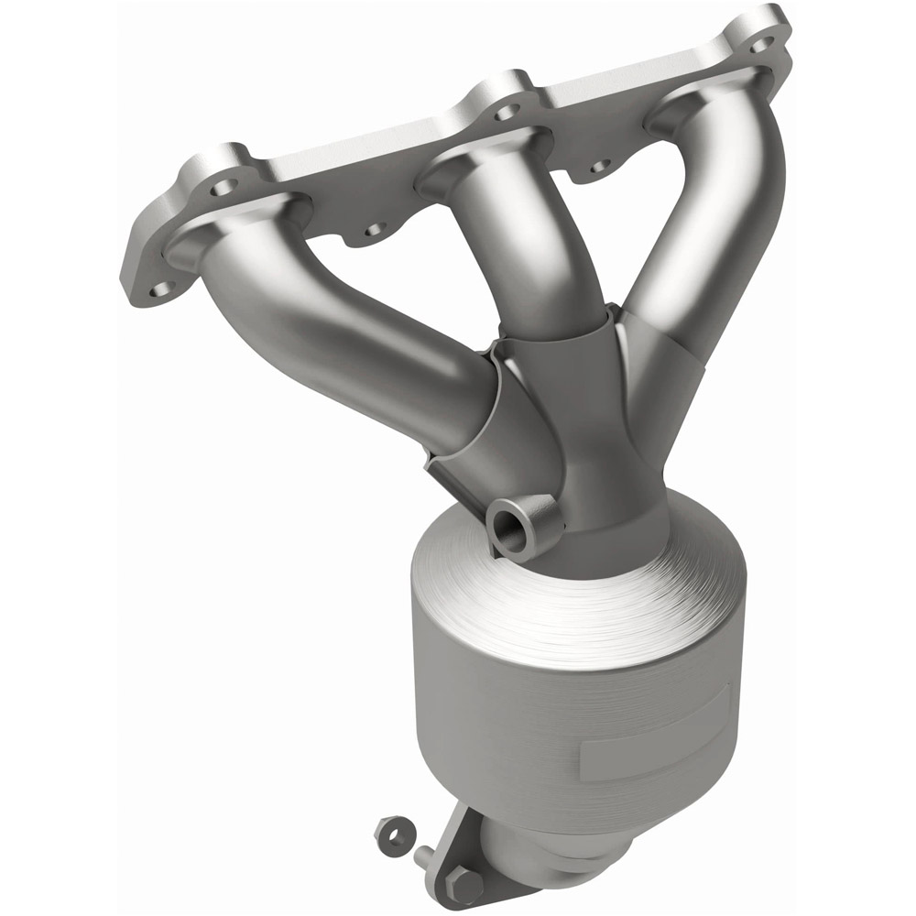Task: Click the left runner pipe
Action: pyautogui.click(x=366, y=339)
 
